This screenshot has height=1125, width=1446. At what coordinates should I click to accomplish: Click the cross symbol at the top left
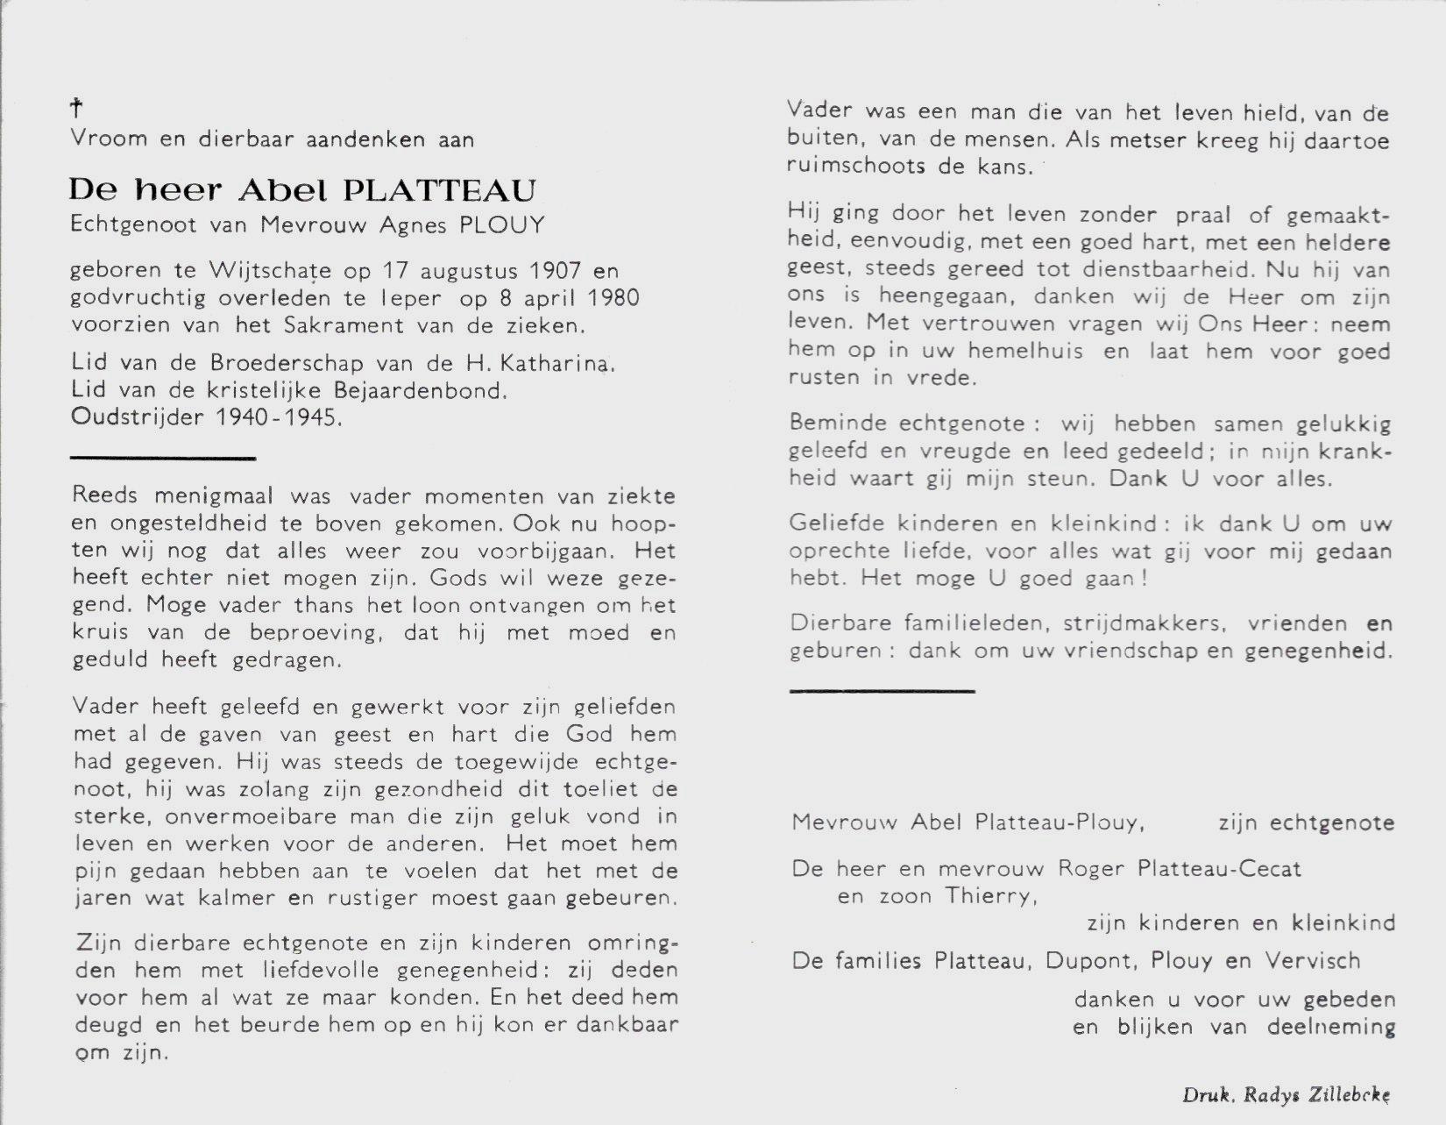tap(76, 109)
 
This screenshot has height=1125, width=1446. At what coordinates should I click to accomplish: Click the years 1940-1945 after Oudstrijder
tap(277, 417)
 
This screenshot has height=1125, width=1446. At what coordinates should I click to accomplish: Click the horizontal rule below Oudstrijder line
tap(162, 458)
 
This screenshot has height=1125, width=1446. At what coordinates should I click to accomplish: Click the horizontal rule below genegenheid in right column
tap(882, 691)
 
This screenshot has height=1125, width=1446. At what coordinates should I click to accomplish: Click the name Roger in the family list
tap(1090, 869)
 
